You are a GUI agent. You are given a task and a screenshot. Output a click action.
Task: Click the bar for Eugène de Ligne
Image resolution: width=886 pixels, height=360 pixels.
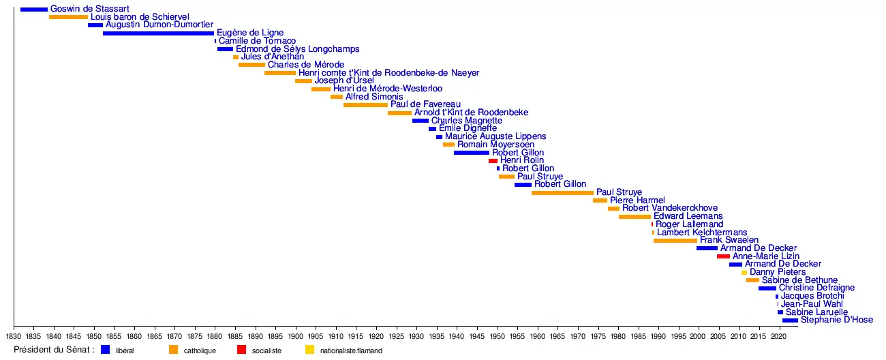[158, 33]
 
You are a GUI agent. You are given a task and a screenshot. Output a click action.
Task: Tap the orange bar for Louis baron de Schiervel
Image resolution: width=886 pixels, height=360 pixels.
[68, 17]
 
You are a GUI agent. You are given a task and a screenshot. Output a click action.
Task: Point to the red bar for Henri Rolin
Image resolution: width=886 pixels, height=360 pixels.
[493, 161]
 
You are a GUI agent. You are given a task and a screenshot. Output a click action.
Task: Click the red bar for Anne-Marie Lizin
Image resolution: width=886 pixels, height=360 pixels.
[723, 256]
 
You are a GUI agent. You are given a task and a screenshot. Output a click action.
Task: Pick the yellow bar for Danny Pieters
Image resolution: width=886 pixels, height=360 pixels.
[744, 273]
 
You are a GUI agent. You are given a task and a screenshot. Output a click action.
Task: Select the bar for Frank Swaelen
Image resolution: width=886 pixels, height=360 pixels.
[675, 241]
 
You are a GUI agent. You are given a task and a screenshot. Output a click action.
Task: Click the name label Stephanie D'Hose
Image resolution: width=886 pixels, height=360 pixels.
[836, 320]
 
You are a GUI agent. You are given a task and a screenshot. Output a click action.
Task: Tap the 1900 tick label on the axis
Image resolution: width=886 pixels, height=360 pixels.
[295, 336]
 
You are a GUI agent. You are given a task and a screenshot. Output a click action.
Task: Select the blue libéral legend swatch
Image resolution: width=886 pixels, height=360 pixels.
[105, 350]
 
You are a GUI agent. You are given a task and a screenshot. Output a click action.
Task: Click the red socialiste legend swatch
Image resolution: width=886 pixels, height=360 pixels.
[241, 350]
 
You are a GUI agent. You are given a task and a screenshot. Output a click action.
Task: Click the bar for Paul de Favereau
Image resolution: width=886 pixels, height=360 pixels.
[365, 105]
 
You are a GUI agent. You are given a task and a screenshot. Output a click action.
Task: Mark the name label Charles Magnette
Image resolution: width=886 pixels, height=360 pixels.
[466, 121]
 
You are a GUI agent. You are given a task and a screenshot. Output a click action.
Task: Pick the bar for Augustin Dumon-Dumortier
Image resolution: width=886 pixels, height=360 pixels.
[95, 25]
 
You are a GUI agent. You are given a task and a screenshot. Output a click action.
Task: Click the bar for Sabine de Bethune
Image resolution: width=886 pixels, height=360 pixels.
[752, 280]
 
